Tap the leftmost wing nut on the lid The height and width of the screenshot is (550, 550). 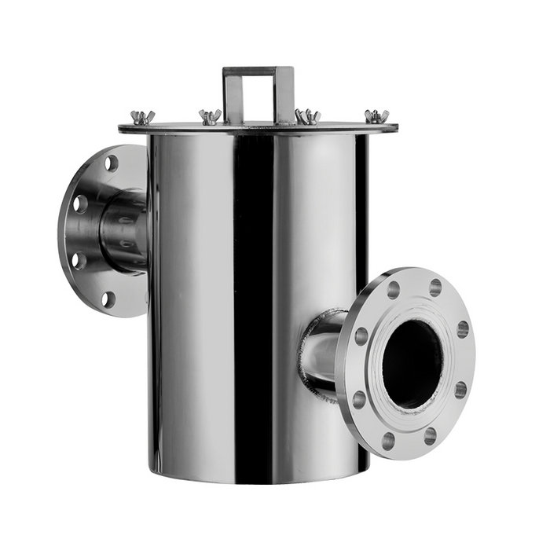(143, 118)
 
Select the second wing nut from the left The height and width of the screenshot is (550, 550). (210, 117)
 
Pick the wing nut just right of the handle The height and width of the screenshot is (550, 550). (306, 116)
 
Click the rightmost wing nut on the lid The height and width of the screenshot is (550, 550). (376, 117)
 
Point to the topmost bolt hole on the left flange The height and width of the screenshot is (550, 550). (111, 163)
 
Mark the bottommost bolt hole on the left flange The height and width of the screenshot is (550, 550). (108, 299)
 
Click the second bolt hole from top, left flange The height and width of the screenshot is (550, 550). (80, 203)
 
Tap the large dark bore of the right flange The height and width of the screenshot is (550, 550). (411, 363)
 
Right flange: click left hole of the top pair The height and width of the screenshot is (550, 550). (393, 289)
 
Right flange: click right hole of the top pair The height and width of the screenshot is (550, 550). (434, 288)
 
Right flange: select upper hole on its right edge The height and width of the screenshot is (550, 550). (463, 328)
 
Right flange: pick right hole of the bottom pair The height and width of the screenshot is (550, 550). (430, 435)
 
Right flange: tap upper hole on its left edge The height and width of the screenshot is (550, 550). (361, 336)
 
